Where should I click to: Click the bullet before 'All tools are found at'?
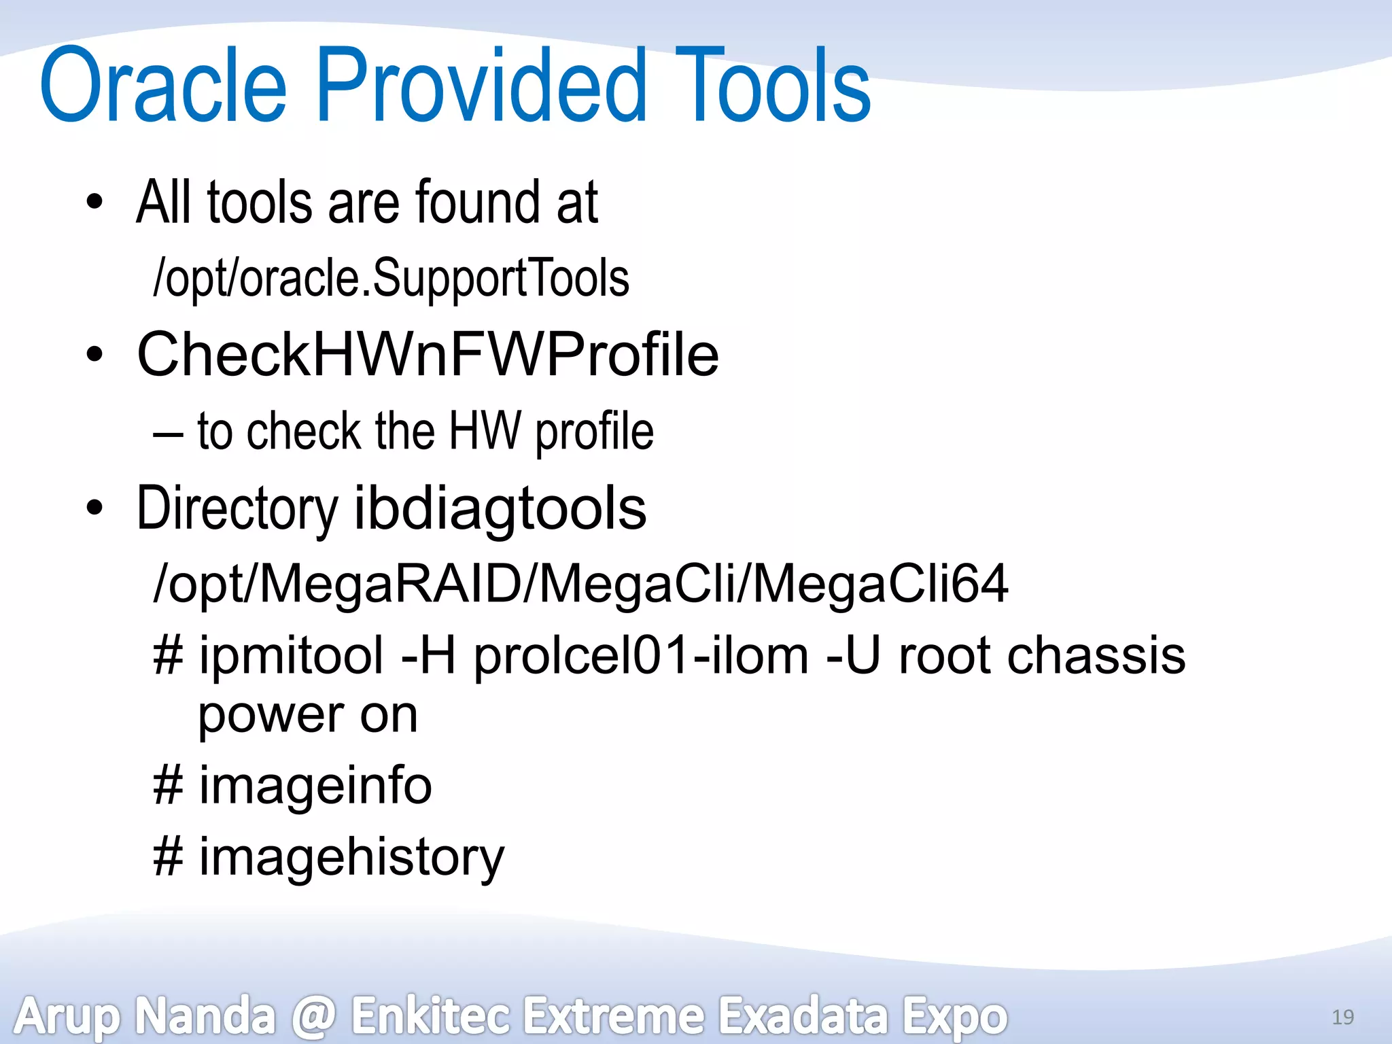tap(94, 202)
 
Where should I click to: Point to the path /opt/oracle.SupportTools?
tap(391, 278)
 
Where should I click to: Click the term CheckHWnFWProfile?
tap(428, 354)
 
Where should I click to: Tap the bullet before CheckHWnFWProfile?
tap(94, 354)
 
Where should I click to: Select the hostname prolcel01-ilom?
tap(641, 657)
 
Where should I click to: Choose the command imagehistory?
tap(351, 857)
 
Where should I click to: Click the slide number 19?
tap(1342, 1017)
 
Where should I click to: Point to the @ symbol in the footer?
tap(313, 1016)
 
